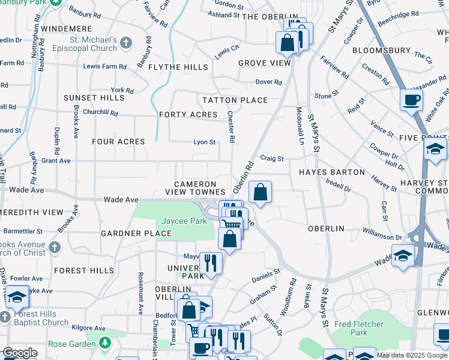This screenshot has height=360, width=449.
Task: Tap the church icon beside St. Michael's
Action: tap(125, 43)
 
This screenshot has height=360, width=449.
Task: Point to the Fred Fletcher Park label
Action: tap(358, 328)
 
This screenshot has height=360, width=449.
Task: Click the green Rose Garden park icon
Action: tap(106, 343)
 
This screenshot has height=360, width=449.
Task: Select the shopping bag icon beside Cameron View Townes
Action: tap(260, 193)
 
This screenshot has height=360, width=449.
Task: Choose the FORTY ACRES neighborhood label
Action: tap(188, 115)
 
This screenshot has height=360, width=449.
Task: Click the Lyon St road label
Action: tap(204, 142)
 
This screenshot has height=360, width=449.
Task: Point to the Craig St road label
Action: tap(271, 158)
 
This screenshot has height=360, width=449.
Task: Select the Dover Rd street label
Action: tap(268, 82)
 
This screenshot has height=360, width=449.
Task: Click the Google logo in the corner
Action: tap(20, 353)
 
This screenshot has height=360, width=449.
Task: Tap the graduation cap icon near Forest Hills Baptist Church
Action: tap(17, 296)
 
